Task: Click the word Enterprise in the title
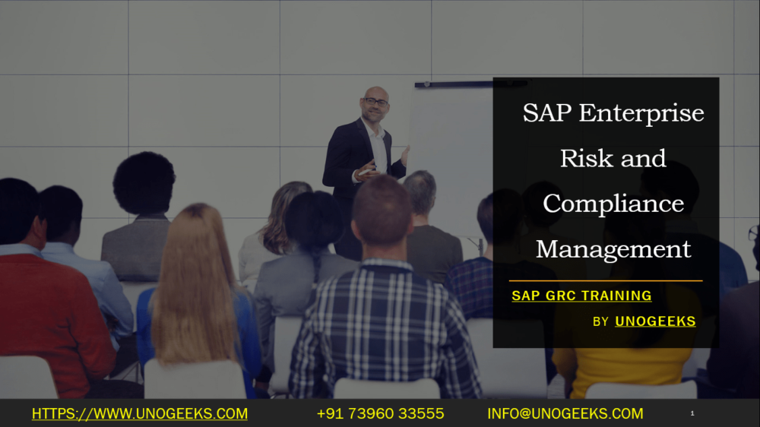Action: [x=641, y=114]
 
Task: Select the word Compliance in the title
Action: [x=613, y=204]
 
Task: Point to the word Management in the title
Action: [x=613, y=248]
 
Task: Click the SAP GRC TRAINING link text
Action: [x=581, y=296]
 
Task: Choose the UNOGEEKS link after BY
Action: [x=655, y=321]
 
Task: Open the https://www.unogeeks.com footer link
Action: [x=139, y=414]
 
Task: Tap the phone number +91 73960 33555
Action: [x=380, y=414]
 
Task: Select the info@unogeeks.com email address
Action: [x=565, y=414]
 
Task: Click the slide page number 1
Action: [x=692, y=413]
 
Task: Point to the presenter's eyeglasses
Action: [x=375, y=102]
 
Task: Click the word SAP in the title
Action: [x=546, y=114]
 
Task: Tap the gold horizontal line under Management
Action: [x=606, y=280]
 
